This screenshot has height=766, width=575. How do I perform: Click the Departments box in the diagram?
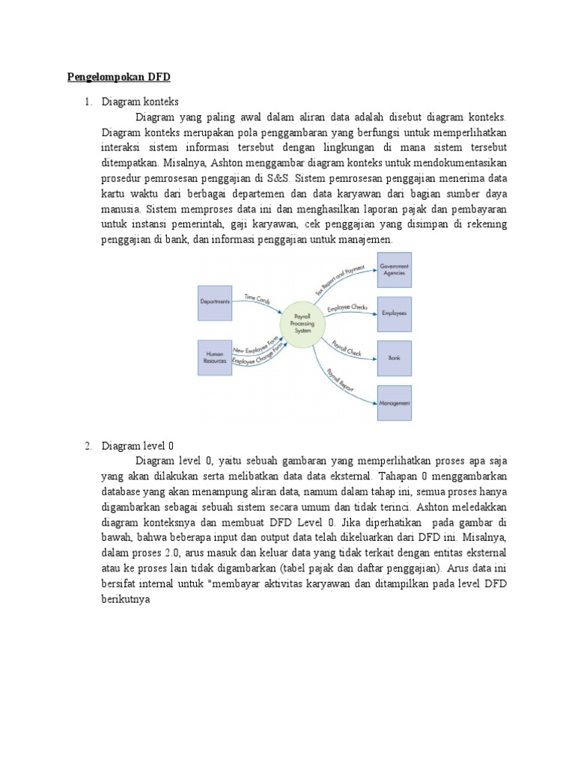214,302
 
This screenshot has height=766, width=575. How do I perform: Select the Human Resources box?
214,356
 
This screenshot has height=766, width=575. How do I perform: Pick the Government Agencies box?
394,270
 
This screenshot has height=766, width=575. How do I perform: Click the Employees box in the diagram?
394,313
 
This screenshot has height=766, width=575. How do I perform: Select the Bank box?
394,358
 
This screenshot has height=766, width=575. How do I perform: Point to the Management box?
394,403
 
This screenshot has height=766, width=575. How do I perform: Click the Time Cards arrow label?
257,298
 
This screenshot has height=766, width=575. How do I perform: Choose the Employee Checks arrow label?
347,308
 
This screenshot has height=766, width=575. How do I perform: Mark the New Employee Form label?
260,349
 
